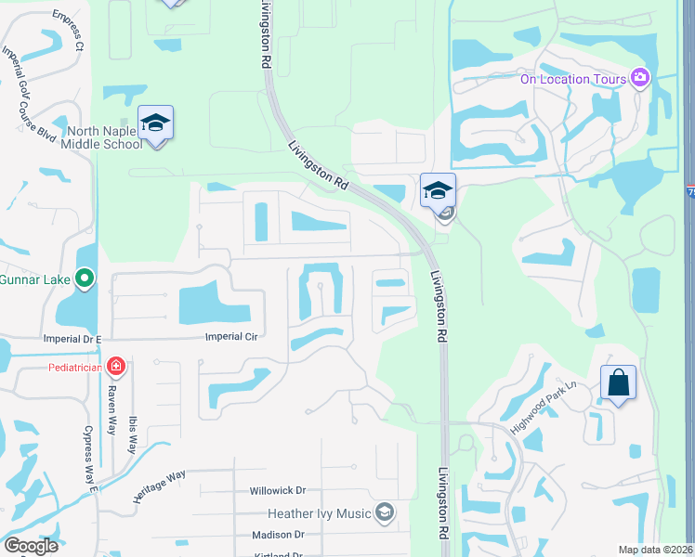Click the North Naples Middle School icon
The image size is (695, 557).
pyautogui.click(x=156, y=123)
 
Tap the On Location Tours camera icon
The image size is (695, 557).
pyautogui.click(x=639, y=78)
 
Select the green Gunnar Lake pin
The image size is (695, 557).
pyautogui.click(x=85, y=278)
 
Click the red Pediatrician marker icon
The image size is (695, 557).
pyautogui.click(x=115, y=367)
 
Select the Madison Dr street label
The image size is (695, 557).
pyautogui.click(x=278, y=535)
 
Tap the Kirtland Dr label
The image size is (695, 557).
pyautogui.click(x=278, y=554)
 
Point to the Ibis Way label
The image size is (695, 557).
pyautogui.click(x=134, y=434)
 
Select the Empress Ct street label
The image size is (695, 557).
pyautogui.click(x=68, y=31)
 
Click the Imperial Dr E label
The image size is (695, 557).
pyautogui.click(x=72, y=339)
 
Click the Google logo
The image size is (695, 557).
pyautogui.click(x=31, y=546)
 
